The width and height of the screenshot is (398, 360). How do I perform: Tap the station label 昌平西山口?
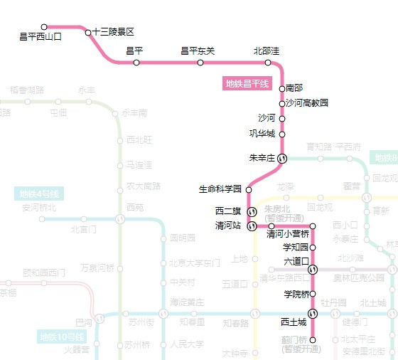tap(41, 36)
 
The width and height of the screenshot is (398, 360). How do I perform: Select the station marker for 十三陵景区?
tap(88, 32)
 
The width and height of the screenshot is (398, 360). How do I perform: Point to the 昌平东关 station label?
tap(198, 51)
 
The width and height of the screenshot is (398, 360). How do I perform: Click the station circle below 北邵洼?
tap(268, 63)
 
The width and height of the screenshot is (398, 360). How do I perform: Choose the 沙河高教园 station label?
tap(307, 103)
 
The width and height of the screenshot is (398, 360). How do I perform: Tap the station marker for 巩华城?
tap(282, 134)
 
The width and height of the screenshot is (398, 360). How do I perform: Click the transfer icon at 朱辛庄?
tap(282, 158)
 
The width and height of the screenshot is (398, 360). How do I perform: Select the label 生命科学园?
tap(220, 189)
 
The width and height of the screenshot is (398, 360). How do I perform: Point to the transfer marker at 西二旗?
tap(252, 211)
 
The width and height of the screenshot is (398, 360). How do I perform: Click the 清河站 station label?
tap(228, 226)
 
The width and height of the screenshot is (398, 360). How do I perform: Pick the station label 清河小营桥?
tap(288, 234)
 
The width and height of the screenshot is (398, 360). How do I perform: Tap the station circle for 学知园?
tap(313, 247)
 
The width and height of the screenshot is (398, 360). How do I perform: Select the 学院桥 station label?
tap(296, 294)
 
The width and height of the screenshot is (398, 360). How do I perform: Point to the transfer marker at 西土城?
tap(313, 313)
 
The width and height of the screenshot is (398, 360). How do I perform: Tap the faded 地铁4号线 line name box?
tap(39, 194)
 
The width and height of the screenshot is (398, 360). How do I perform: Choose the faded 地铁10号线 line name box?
tap(61, 337)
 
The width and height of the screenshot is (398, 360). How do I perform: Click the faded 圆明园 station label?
tap(183, 238)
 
